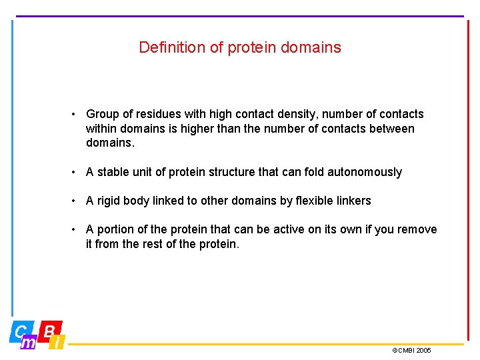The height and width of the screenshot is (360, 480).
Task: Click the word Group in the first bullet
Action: point(102,114)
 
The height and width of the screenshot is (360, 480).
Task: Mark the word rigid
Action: point(109,201)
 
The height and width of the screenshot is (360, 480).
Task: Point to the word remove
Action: point(417,229)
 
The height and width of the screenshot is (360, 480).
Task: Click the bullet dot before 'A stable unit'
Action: point(75,172)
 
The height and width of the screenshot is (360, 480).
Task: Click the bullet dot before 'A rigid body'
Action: point(75,201)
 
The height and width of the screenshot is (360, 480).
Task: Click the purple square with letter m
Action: point(29,343)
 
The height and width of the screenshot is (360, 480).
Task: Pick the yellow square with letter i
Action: point(58,343)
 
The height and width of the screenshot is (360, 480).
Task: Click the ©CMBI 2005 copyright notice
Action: point(411,350)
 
